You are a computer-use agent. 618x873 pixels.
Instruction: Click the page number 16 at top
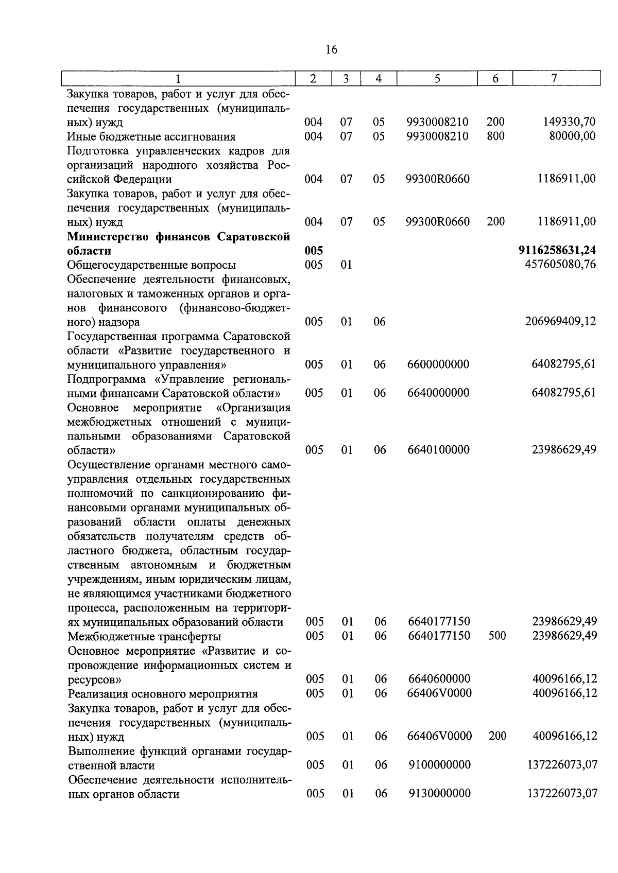[332, 49]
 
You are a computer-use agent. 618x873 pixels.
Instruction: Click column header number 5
[437, 79]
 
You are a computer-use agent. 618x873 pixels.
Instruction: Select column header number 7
[554, 79]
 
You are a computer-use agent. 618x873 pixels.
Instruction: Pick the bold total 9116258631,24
[557, 251]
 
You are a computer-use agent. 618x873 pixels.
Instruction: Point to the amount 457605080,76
[560, 265]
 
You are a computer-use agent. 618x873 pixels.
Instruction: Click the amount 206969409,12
[560, 322]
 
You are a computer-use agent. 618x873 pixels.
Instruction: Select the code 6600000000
[438, 365]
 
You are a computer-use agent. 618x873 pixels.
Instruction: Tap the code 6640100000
[438, 450]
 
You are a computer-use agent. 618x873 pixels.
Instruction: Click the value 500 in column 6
[497, 636]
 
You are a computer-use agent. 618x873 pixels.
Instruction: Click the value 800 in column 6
[495, 136]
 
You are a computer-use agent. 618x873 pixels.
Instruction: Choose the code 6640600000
[439, 679]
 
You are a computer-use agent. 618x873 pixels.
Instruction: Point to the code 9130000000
[439, 793]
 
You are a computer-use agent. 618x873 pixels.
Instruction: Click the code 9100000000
[439, 765]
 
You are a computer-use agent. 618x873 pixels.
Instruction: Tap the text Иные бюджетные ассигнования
[151, 137]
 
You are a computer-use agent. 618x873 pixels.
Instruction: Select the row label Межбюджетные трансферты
[144, 636]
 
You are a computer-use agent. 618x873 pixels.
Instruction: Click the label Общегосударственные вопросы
[151, 265]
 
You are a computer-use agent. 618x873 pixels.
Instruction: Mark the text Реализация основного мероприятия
[163, 694]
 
